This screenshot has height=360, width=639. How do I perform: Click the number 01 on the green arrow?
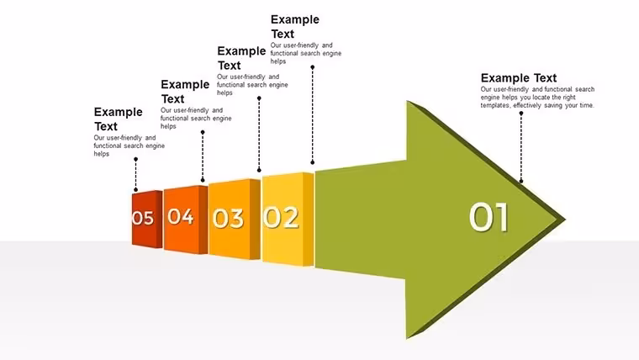pos(488,217)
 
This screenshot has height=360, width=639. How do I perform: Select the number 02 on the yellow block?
pos(281,217)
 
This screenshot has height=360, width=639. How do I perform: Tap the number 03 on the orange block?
pos(228,218)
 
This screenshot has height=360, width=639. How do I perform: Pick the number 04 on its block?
pos(181,216)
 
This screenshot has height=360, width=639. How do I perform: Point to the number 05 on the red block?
pos(143,218)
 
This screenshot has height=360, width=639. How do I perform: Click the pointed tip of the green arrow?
pos(566,220)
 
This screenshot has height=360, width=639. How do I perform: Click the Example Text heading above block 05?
pos(119,119)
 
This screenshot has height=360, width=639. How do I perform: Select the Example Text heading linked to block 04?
pos(185,92)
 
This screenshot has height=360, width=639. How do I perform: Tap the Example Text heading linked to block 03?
pos(241,58)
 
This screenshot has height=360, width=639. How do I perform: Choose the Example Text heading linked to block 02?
pos(295,27)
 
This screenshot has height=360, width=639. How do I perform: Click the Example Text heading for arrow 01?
pos(519,78)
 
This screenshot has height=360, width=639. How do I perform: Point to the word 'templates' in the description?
pos(494,105)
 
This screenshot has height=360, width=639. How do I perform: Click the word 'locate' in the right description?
pos(541,98)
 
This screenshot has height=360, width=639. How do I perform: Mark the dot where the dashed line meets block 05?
pos(135,190)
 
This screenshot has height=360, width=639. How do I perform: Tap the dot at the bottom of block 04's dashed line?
pos(203,180)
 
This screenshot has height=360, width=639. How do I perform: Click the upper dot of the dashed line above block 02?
pos(313,67)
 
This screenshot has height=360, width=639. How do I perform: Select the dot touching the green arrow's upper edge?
pos(520,182)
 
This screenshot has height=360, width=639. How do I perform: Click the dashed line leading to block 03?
pos(259,134)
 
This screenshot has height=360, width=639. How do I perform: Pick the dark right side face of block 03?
pos(255,219)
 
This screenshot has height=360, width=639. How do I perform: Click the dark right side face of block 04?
pos(203,220)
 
